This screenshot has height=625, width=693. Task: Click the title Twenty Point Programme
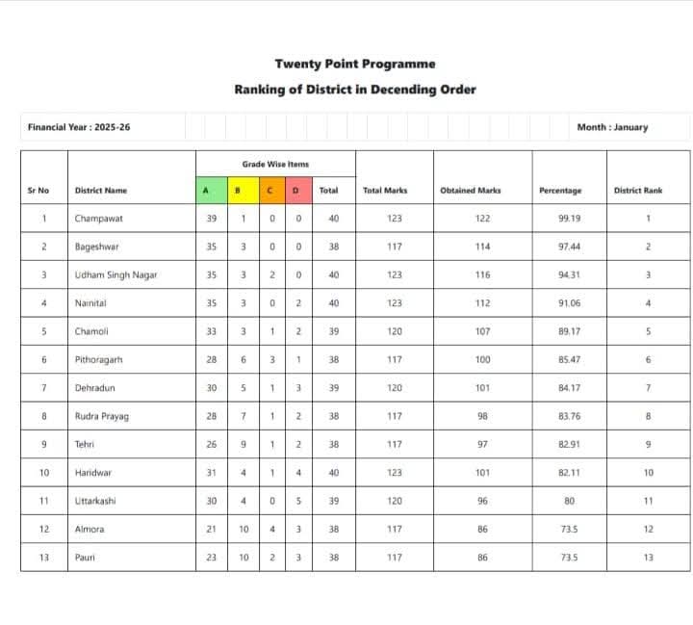pyautogui.click(x=354, y=64)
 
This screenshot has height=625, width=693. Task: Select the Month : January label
pyautogui.click(x=612, y=127)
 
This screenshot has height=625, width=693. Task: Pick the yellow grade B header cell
pyautogui.click(x=238, y=191)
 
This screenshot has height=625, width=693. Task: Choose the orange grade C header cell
pyautogui.click(x=269, y=191)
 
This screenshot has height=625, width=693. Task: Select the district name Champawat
pyautogui.click(x=99, y=219)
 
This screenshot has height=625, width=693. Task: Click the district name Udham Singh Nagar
pyautogui.click(x=115, y=275)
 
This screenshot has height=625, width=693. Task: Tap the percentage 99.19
pyautogui.click(x=570, y=219)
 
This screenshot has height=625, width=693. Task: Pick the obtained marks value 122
pyautogui.click(x=482, y=219)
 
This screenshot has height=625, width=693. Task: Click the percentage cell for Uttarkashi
pyautogui.click(x=570, y=501)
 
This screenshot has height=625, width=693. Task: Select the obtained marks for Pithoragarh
pyautogui.click(x=482, y=360)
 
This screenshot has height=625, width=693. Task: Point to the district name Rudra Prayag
pyautogui.click(x=102, y=416)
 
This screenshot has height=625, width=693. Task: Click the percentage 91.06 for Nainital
pyautogui.click(x=570, y=303)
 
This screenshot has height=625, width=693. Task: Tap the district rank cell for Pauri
pyautogui.click(x=648, y=557)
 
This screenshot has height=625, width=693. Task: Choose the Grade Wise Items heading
pyautogui.click(x=275, y=165)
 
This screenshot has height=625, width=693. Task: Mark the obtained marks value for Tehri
pyautogui.click(x=482, y=444)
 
